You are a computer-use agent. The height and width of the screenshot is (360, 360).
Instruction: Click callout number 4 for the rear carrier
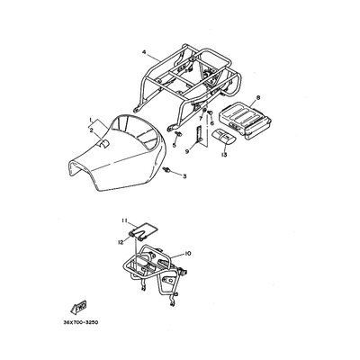click(x=144, y=52)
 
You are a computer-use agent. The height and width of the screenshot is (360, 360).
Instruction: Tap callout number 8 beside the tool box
click(x=258, y=98)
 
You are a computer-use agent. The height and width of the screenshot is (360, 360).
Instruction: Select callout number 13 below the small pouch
click(x=224, y=155)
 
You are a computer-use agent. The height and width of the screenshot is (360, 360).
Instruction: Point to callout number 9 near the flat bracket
click(x=187, y=152)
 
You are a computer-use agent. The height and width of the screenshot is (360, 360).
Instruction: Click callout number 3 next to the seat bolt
click(x=184, y=176)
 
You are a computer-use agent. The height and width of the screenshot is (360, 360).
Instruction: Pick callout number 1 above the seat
click(x=90, y=120)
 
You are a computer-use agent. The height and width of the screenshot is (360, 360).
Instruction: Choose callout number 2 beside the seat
click(x=91, y=130)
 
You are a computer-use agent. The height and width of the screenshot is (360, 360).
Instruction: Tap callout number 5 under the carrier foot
click(x=174, y=145)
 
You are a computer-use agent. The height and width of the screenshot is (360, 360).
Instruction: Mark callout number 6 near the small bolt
click(x=211, y=123)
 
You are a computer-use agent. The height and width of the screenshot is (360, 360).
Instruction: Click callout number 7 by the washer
click(x=201, y=119)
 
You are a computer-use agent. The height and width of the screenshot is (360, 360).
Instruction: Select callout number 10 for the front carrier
click(x=188, y=254)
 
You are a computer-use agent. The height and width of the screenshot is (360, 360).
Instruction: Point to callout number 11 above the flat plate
click(x=124, y=220)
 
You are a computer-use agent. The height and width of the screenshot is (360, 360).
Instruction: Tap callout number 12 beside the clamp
click(x=121, y=242)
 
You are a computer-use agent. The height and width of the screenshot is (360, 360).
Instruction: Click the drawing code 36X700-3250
click(x=81, y=323)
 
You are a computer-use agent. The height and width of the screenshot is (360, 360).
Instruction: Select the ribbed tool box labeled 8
click(x=245, y=121)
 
